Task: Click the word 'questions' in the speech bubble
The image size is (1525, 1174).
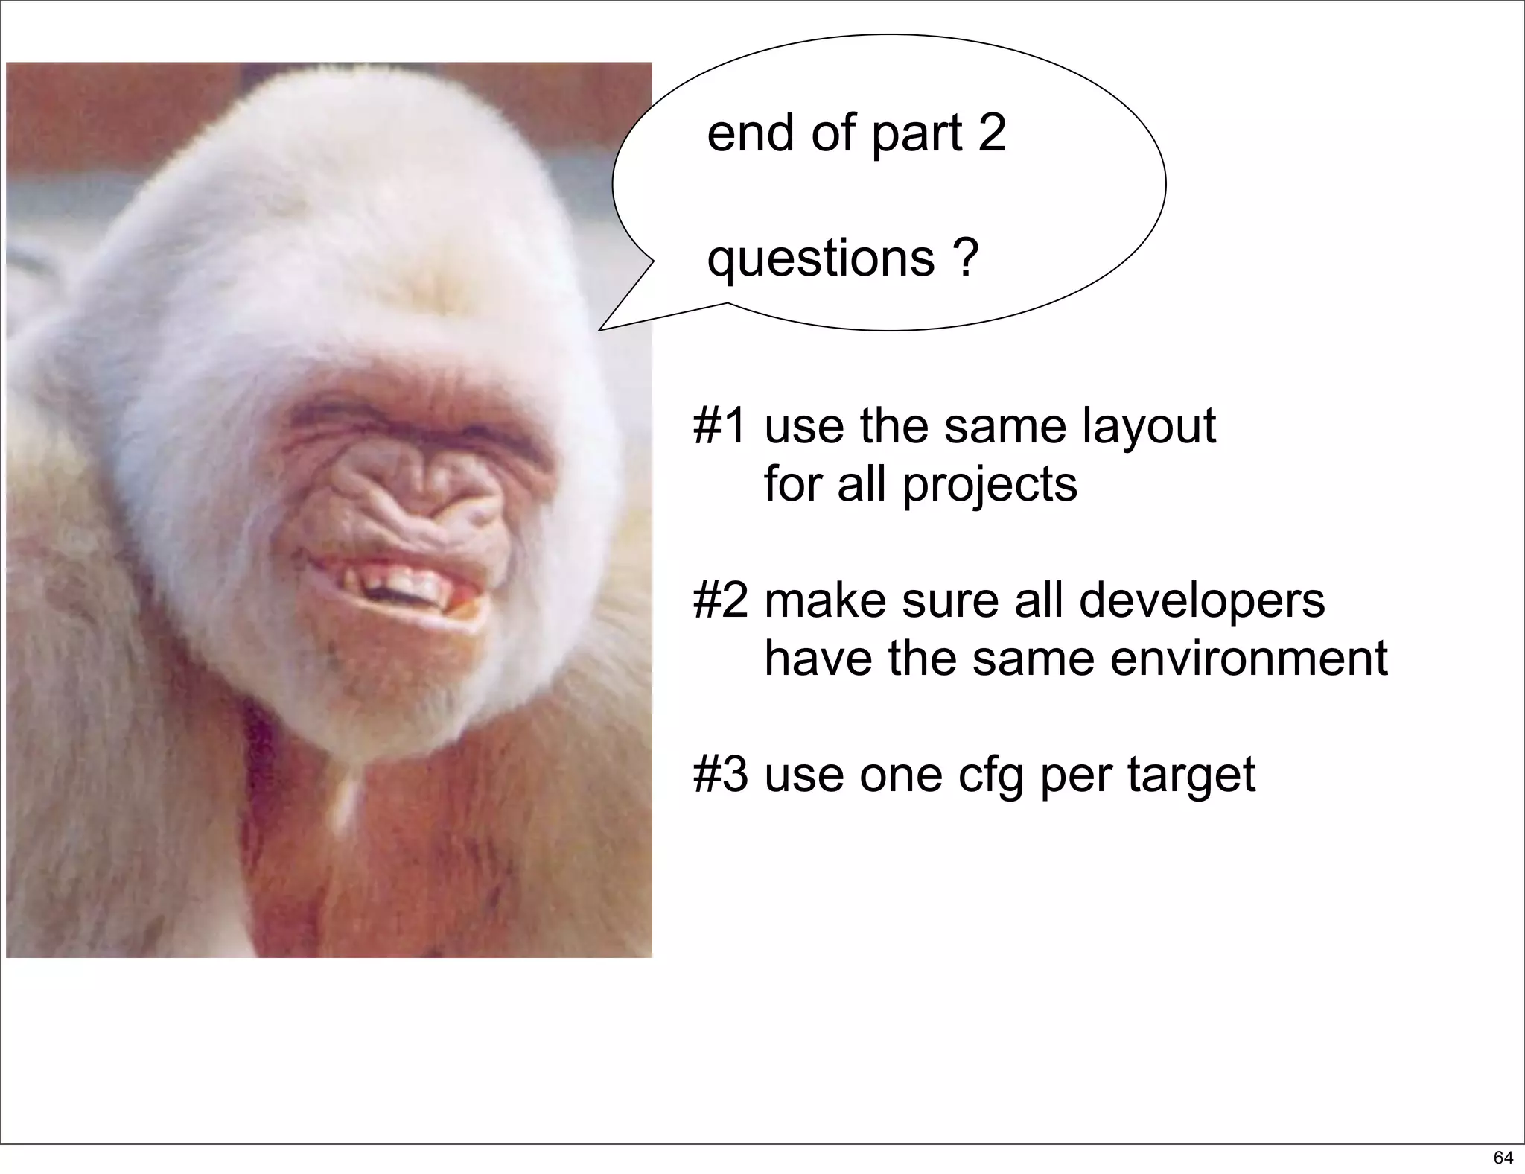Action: (820, 260)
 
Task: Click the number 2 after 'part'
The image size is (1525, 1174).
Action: (991, 134)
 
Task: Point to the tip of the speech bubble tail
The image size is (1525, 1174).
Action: (601, 329)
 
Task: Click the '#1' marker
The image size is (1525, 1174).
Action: (719, 426)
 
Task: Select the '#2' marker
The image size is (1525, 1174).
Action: (719, 600)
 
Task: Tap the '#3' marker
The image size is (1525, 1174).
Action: (719, 775)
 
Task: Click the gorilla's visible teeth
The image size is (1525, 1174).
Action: (402, 581)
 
